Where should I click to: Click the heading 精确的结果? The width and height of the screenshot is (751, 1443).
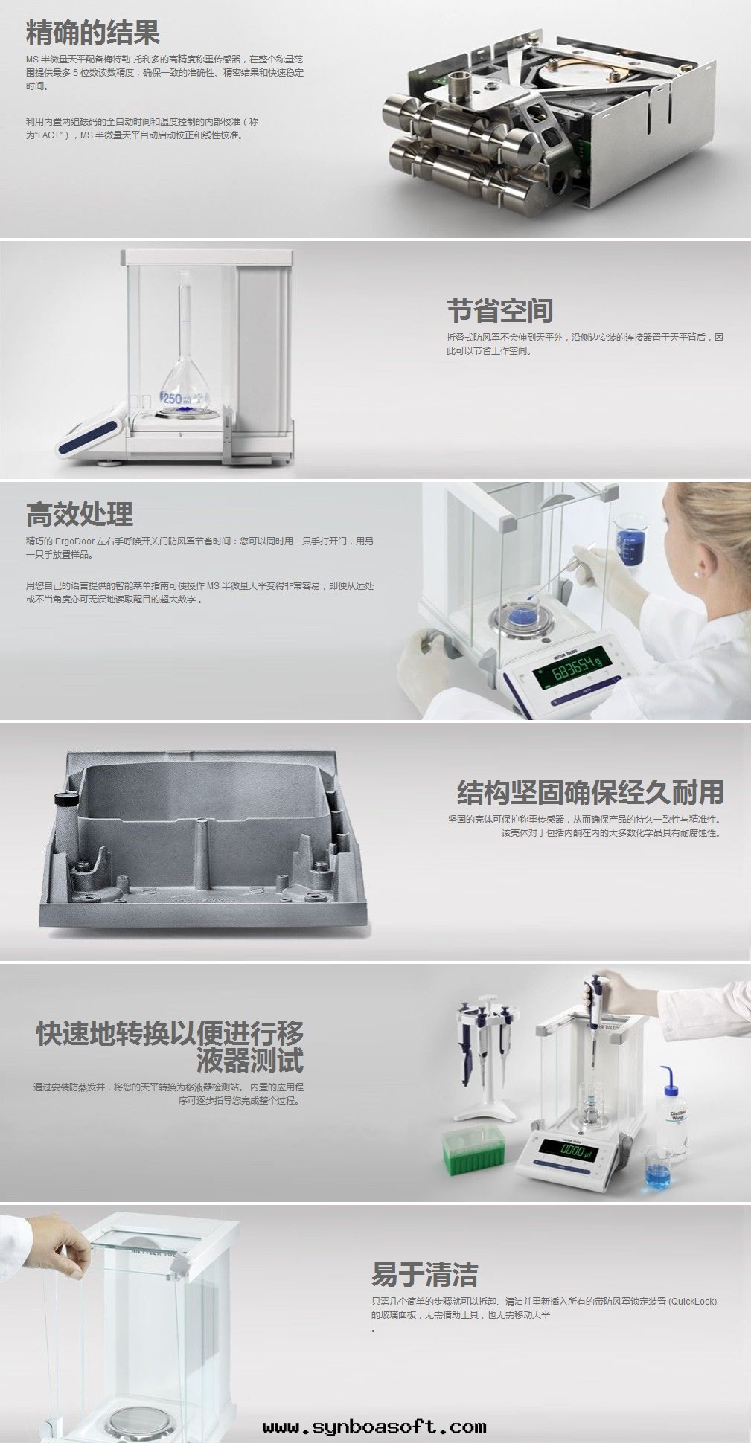[92, 33]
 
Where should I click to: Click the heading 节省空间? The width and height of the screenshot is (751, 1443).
[499, 311]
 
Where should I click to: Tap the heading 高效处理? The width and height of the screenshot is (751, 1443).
[80, 514]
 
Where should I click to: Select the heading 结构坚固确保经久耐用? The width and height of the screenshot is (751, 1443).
[589, 792]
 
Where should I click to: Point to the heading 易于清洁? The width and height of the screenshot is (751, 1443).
[424, 1274]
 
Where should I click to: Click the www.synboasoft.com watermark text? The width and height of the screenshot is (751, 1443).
[374, 1427]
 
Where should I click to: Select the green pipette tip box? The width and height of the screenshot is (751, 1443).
[473, 1149]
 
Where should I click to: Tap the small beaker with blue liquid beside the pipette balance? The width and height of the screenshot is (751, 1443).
[656, 1168]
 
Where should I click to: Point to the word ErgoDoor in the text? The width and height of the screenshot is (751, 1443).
[74, 541]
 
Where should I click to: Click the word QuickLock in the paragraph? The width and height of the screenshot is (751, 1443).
[692, 1302]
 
